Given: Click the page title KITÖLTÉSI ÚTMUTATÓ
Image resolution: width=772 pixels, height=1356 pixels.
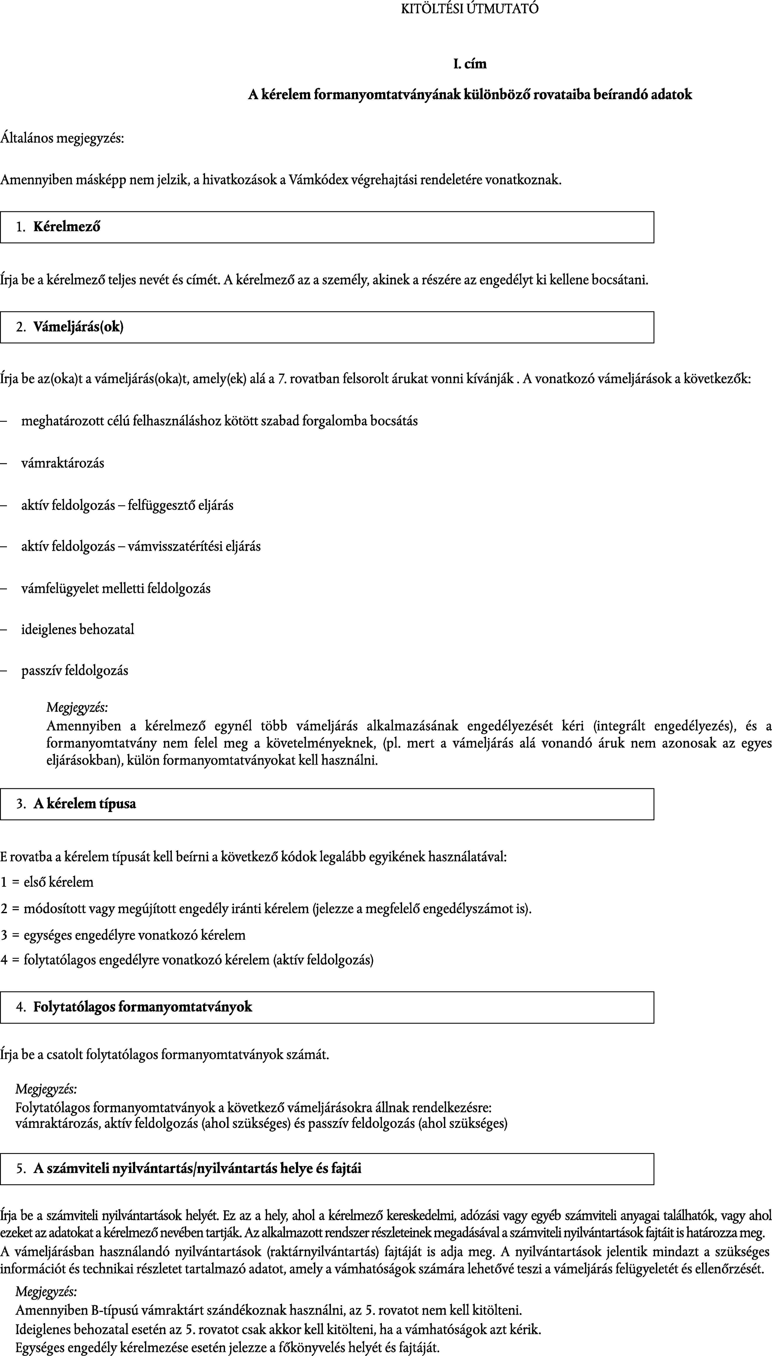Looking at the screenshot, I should click(x=470, y=9).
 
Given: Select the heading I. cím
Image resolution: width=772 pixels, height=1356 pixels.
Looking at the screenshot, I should click(x=470, y=64).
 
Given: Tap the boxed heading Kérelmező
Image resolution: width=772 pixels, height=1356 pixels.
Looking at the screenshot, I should click(x=67, y=227).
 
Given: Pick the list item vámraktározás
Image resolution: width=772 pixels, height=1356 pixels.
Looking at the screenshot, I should click(x=62, y=463).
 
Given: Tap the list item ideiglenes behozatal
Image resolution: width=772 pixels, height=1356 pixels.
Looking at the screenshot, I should click(x=77, y=629).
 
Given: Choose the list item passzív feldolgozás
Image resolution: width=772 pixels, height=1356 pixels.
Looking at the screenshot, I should click(x=75, y=671).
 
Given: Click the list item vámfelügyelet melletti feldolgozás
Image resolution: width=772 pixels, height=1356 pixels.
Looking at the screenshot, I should click(x=116, y=588).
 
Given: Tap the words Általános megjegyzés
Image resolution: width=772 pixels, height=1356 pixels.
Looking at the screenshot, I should click(x=62, y=139).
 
